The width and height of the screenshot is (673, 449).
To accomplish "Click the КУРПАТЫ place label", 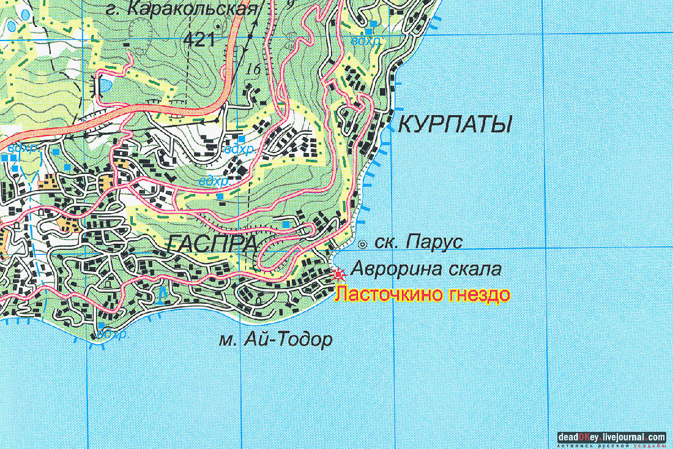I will click(x=455, y=126).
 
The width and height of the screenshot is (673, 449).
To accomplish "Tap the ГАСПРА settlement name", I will click(x=211, y=244).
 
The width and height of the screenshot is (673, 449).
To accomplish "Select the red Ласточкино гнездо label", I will click(x=422, y=295).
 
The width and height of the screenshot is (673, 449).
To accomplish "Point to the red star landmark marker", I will click(x=338, y=273).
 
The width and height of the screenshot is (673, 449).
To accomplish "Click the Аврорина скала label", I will click(x=426, y=270).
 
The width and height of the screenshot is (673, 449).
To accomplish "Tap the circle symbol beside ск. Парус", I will click(x=362, y=244).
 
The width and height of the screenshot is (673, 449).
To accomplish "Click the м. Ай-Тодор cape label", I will click(x=275, y=339).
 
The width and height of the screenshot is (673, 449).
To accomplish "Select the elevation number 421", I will click(x=199, y=40).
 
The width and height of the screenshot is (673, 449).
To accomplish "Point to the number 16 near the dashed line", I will click(x=253, y=69).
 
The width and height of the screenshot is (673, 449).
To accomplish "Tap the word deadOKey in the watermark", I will click(x=579, y=437).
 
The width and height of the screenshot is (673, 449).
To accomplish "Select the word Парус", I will click(x=433, y=243).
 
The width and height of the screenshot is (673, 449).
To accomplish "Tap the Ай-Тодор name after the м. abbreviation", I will click(x=288, y=339).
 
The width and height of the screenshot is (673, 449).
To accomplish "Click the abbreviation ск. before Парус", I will click(x=383, y=243).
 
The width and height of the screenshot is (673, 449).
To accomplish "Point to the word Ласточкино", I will click(x=389, y=295).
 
